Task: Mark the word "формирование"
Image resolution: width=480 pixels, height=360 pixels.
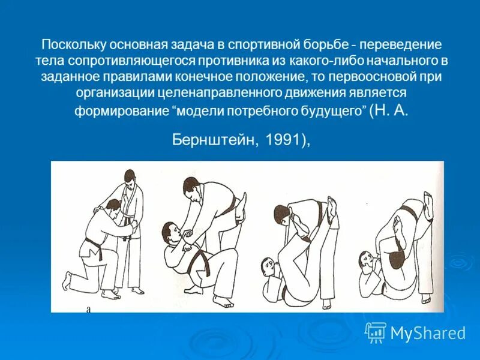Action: (121, 112)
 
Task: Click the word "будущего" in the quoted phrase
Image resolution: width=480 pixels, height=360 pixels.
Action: (332, 112)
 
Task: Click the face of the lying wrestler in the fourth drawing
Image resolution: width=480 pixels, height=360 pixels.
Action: (367, 259)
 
